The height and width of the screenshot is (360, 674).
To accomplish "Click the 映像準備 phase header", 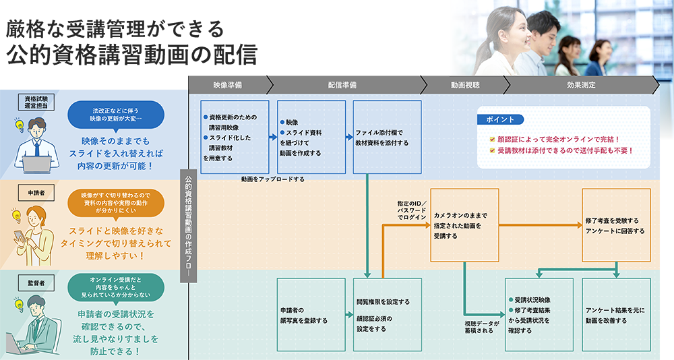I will pyautogui.click(x=227, y=86).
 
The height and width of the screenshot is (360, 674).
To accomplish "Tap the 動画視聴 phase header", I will pyautogui.click(x=465, y=86).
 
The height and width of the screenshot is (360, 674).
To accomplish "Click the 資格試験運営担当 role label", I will pyautogui.click(x=37, y=101).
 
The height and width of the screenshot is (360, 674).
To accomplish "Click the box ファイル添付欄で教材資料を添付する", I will pyautogui.click(x=387, y=137).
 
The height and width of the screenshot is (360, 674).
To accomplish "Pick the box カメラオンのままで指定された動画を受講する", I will pyautogui.click(x=464, y=225).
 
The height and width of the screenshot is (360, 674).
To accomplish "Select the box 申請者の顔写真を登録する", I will pyautogui.click(x=311, y=314).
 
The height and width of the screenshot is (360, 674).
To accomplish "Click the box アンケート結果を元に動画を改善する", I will pyautogui.click(x=616, y=314).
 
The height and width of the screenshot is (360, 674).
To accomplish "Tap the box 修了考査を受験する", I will pyautogui.click(x=616, y=225).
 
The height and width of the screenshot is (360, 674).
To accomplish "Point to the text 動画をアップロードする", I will pyautogui.click(x=272, y=179).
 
